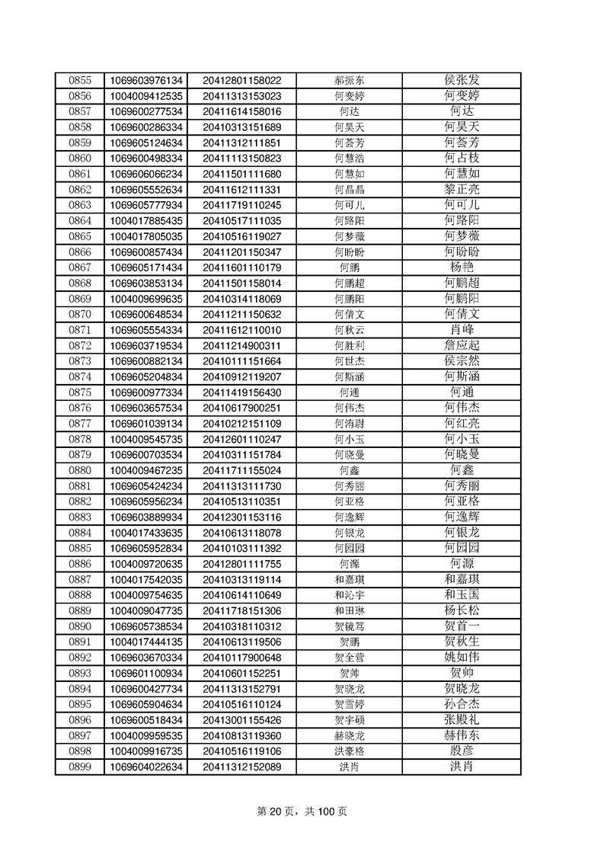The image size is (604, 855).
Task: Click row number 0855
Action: pos(80,80)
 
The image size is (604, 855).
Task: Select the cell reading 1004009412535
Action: pos(146,96)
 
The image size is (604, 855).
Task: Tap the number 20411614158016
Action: pos(241,111)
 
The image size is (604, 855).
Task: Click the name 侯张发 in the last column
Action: pos(462,80)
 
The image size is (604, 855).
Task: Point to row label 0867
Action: pos(80,267)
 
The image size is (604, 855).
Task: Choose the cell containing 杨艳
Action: pos(462,267)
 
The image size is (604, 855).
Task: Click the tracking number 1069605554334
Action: pos(146,330)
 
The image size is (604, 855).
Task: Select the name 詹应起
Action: pos(462,345)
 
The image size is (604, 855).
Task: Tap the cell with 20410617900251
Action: pos(241,408)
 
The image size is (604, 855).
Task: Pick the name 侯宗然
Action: pos(462,361)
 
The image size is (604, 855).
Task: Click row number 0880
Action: pos(80,470)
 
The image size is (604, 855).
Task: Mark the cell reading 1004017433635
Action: pos(146,533)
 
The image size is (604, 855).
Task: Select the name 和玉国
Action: pos(462,595)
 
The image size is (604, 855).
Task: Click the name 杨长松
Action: pos(462,610)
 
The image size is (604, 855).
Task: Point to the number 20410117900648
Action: pos(241,658)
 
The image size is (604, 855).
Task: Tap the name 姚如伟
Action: pos(462,658)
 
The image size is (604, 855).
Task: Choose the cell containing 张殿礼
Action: pos(462,720)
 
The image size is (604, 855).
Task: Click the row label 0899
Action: pos(80,767)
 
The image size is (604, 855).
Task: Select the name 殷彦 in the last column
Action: pos(462,751)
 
